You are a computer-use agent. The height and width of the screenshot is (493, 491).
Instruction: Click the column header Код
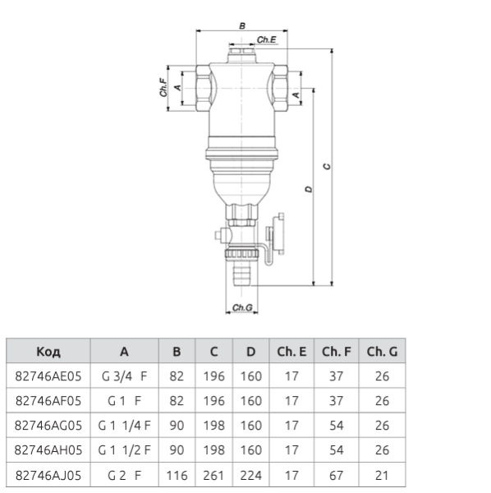[48, 352]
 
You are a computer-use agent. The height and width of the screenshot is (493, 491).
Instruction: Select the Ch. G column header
[382, 352]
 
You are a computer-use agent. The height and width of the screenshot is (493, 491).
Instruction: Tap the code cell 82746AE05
[48, 377]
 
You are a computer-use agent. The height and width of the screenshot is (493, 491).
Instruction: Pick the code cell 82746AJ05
[48, 474]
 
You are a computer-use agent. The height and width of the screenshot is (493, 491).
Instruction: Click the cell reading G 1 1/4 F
[124, 426]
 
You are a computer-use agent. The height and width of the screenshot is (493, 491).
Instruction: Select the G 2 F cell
[124, 474]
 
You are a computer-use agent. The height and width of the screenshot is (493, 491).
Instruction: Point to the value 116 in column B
[177, 474]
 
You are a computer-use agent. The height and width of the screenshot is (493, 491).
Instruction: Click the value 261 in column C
[213, 474]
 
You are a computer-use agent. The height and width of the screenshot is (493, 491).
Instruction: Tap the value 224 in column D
[250, 474]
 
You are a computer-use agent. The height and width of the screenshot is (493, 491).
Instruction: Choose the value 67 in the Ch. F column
[337, 474]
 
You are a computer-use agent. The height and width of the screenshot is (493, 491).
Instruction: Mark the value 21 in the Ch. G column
[382, 474]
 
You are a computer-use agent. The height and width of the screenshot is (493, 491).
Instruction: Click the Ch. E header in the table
[291, 352]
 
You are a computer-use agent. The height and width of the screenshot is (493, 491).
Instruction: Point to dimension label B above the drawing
[241, 26]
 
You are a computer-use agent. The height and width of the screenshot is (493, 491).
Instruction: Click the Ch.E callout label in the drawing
[267, 39]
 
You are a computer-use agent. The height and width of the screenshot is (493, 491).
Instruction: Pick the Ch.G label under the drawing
[242, 308]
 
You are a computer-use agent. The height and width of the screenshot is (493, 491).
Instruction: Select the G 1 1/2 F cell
[124, 449]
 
